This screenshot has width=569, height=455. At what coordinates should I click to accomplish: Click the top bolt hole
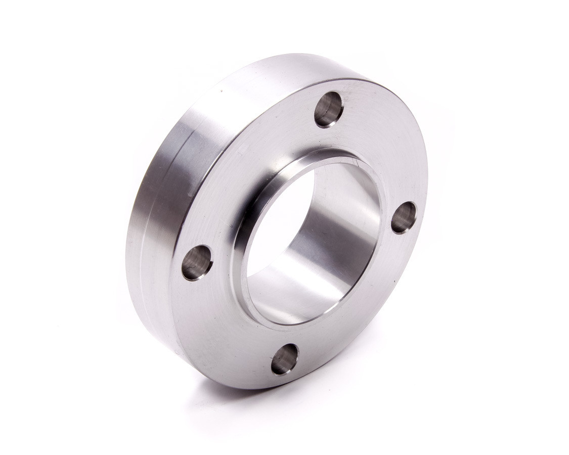[x=329, y=109]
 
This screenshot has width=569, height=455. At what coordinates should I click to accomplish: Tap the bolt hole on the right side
[x=403, y=217]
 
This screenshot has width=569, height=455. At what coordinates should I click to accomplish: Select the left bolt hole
[x=197, y=262]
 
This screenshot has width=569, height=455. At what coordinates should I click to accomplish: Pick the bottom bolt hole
[x=284, y=359]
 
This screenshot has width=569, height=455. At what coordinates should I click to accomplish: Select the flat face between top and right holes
[x=384, y=152]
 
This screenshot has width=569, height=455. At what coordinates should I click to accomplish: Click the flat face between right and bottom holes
[x=364, y=313]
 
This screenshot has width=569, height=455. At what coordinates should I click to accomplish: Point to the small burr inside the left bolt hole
[x=192, y=265]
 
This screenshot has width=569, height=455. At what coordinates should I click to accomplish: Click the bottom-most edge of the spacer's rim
[x=268, y=388]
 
